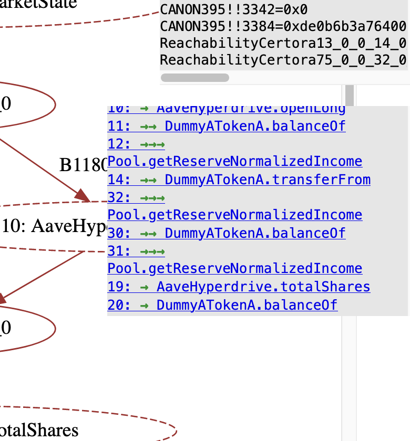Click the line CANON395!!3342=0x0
point(233,9)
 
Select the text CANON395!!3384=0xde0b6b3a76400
point(283,26)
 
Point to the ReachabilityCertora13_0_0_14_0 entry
point(283,43)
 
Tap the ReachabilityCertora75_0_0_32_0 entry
point(283,60)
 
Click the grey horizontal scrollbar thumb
point(194,78)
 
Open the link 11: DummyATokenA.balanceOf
point(227,126)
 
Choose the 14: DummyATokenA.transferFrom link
point(239,180)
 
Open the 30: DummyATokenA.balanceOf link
point(227,233)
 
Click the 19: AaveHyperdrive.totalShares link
point(239,287)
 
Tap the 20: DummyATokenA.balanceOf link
point(222,304)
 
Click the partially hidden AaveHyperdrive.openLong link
point(227,110)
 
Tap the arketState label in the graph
point(39,4)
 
